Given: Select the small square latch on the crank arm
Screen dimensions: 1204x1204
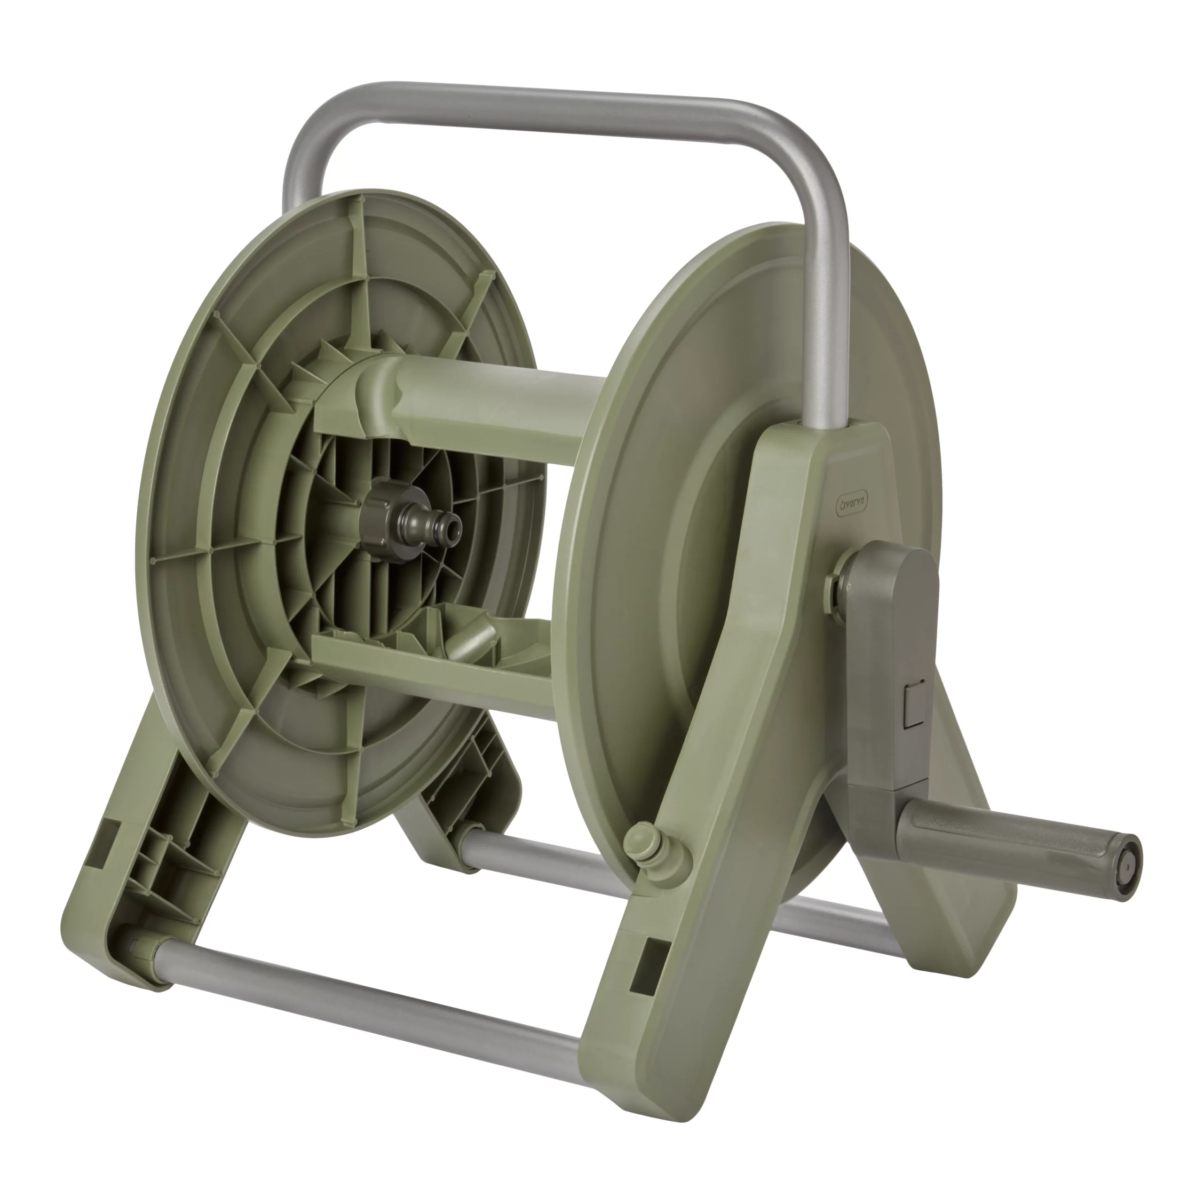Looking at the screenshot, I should [914, 704].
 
